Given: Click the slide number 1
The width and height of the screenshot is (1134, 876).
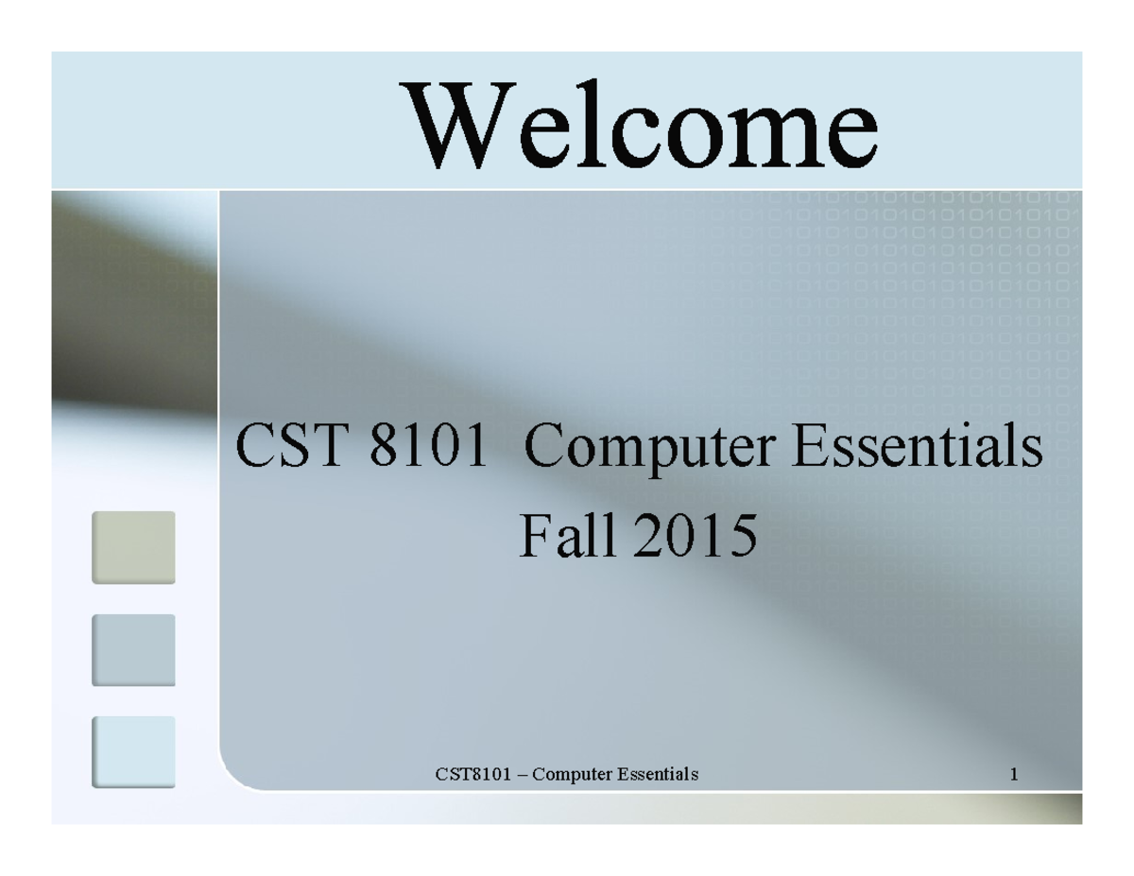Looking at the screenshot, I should [x=1013, y=776].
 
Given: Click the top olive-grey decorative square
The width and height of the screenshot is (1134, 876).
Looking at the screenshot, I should [x=133, y=547].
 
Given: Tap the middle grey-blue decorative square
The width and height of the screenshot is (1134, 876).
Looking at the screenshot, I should [x=133, y=650].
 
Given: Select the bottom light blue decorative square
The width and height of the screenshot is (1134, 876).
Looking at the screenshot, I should [x=133, y=752].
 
